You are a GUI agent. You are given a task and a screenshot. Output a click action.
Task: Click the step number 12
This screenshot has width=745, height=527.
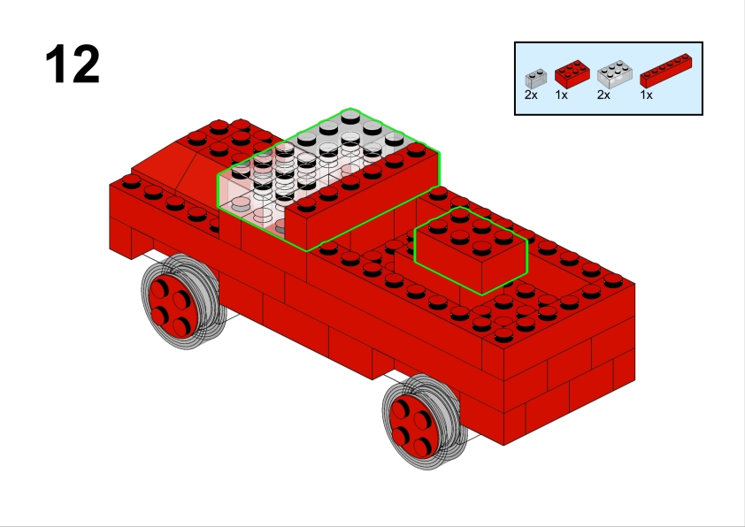[73, 64]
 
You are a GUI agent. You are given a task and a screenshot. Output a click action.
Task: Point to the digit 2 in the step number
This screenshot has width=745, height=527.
[86, 64]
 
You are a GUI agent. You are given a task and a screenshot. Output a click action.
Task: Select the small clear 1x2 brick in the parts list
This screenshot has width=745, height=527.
[536, 79]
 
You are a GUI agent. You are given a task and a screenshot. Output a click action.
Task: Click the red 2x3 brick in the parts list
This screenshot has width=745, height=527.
[572, 74]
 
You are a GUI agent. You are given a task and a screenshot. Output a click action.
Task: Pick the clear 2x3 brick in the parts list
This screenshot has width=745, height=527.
[614, 74]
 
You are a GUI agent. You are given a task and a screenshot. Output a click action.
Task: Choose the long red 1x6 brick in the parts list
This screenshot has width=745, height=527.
[665, 70]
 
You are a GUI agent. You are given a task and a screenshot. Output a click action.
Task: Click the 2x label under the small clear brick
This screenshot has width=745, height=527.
[531, 95]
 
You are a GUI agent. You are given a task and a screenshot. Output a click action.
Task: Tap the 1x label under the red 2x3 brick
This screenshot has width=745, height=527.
[561, 95]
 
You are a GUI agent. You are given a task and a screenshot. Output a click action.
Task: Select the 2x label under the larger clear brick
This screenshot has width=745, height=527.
[603, 95]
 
